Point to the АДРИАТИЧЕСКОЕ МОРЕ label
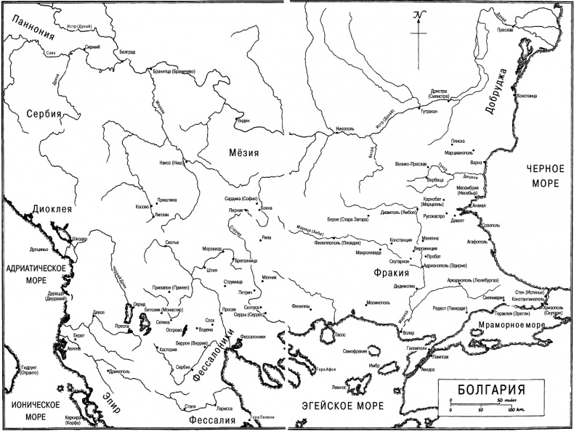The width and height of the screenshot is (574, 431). [31, 274]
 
